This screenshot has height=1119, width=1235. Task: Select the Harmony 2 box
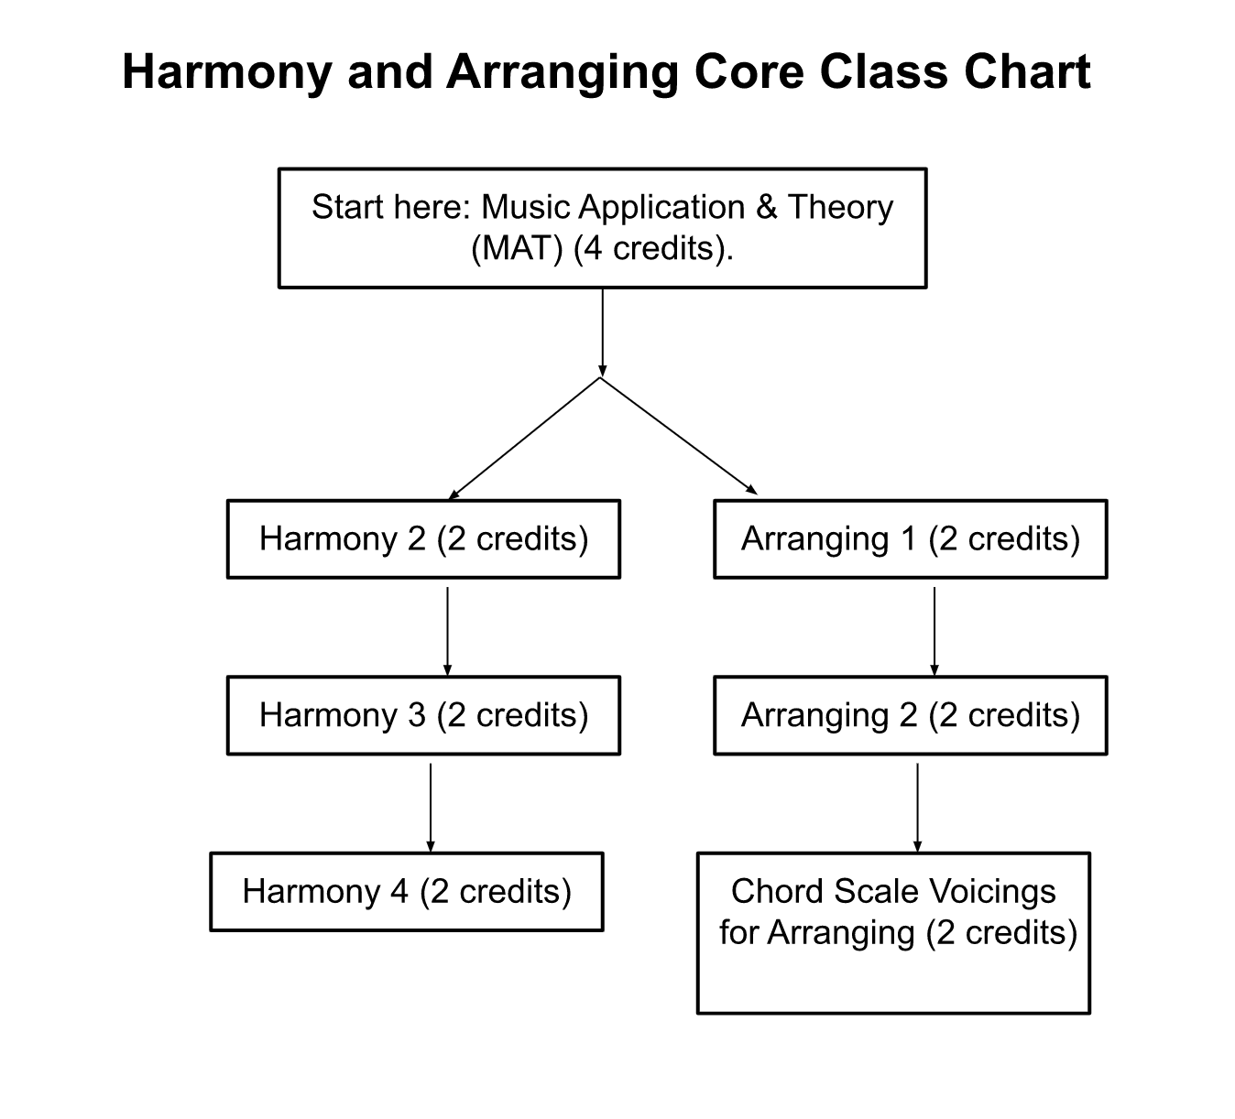click(423, 539)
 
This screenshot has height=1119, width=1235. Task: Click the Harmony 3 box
click(423, 715)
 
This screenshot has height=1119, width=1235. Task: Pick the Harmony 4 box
click(407, 891)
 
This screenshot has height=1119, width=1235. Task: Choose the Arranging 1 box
click(911, 539)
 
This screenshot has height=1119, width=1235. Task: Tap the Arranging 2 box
click(911, 715)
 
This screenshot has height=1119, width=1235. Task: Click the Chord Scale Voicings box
click(894, 933)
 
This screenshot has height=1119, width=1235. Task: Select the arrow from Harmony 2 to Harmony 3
click(448, 632)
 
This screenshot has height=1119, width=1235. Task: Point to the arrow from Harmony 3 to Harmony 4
click(431, 808)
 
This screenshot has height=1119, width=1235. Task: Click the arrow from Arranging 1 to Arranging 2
click(934, 632)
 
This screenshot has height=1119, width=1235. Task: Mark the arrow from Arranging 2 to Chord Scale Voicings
click(917, 808)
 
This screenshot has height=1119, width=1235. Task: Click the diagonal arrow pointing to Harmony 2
click(525, 439)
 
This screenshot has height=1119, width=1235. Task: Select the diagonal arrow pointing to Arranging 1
click(679, 436)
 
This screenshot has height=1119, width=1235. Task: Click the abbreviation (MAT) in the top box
click(517, 249)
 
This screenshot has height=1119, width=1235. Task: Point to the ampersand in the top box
click(766, 207)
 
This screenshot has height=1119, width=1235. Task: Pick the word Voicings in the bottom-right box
click(992, 891)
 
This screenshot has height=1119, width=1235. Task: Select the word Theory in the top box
click(840, 208)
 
